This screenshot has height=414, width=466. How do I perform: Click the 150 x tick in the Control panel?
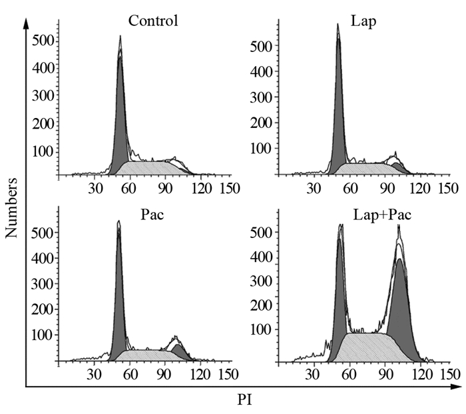pos(229,189)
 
